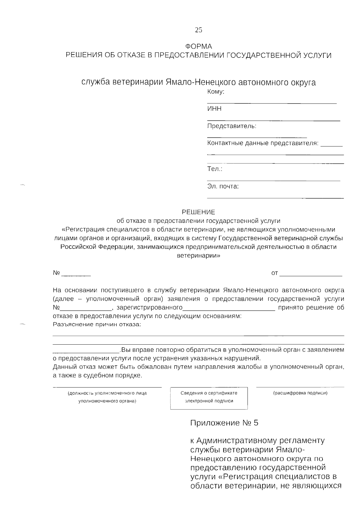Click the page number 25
199,30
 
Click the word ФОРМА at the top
199,46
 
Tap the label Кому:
216,92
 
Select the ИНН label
214,109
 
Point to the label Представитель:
232,126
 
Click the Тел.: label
214,169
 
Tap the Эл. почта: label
223,187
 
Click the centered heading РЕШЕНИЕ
199,212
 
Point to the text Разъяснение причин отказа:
97,325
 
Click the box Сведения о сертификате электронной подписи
209,398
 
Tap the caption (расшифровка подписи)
300,393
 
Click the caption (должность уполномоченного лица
107,393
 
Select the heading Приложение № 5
224,423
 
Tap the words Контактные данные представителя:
262,143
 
